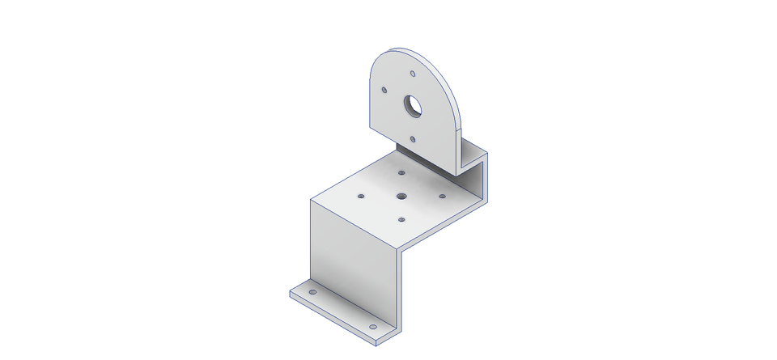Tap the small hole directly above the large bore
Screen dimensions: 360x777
[x=414, y=74]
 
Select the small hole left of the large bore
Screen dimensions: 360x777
[x=385, y=90]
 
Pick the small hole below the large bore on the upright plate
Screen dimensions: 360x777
[x=414, y=139]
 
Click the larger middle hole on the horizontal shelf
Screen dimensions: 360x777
[x=401, y=195]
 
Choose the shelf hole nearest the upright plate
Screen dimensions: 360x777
[x=401, y=172]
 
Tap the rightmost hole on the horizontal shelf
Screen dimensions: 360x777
[x=442, y=195]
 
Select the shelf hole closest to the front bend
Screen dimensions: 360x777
[x=401, y=218]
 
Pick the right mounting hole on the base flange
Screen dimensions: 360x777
[x=372, y=327]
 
